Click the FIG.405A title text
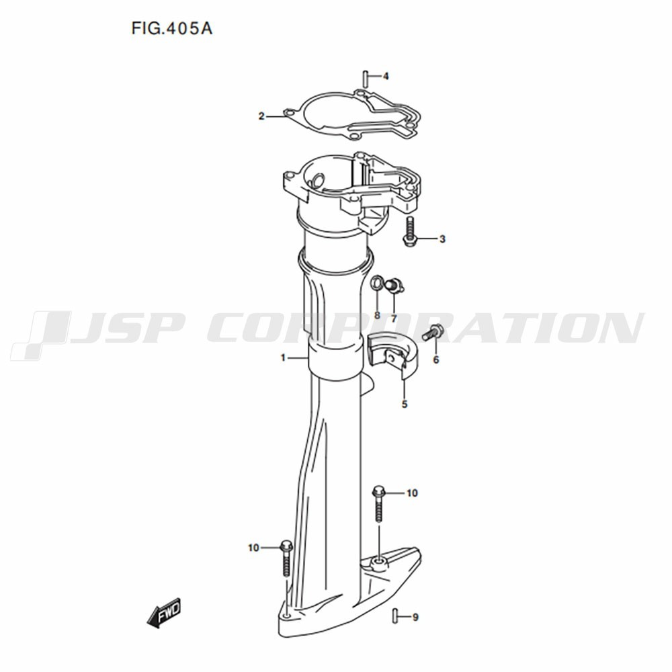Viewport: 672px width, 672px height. [x=172, y=28]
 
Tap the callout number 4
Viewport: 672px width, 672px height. [x=386, y=77]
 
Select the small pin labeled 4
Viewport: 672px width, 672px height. [x=365, y=79]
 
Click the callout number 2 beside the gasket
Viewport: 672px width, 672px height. [x=261, y=116]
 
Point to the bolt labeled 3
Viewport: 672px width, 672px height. [x=409, y=231]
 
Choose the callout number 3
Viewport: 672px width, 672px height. [x=442, y=239]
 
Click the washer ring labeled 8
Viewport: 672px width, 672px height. [x=377, y=283]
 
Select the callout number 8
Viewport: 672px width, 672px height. [x=377, y=315]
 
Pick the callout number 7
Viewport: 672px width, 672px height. [x=394, y=319]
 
